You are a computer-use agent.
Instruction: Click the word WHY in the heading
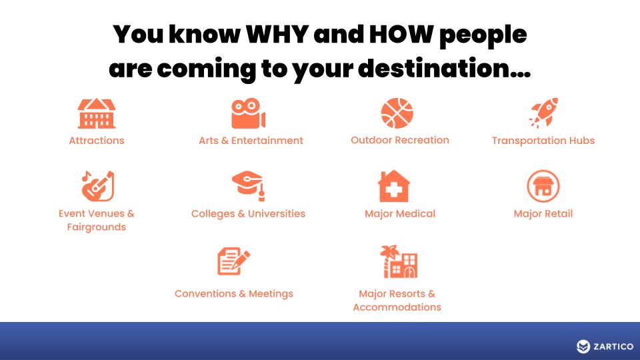277,34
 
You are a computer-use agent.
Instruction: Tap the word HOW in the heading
401,34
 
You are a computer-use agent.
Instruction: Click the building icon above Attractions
97,113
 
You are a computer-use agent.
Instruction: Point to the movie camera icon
248,113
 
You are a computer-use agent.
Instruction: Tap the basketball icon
397,113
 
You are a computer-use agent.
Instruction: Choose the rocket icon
544,113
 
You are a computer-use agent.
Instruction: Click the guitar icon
98,186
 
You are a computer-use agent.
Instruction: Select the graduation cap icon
249,186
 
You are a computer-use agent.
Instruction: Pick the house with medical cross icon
394,186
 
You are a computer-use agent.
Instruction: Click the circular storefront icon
543,186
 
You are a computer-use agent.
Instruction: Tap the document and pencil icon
234,261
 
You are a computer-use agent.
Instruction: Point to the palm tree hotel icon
399,261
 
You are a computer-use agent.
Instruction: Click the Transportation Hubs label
543,141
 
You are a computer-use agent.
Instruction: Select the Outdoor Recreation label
400,140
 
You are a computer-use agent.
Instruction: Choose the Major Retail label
543,214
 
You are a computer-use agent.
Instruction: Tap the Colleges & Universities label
248,214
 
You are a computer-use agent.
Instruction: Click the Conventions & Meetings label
234,294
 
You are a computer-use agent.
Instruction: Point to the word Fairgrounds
97,227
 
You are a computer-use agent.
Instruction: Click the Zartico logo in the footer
605,347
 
